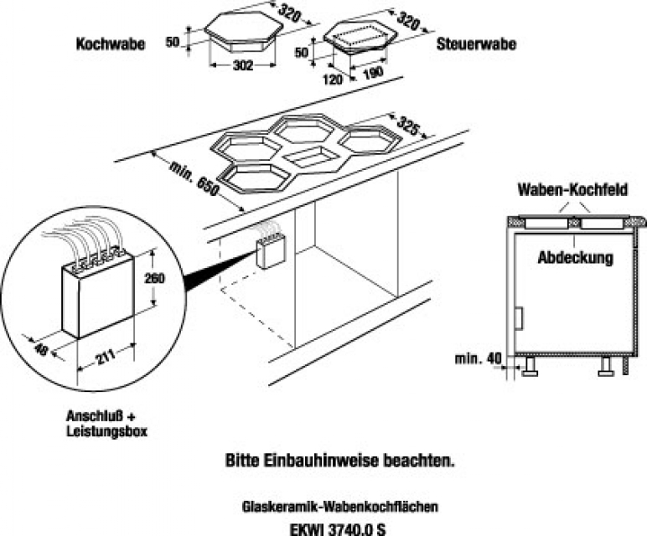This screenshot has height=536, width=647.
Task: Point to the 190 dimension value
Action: [375, 72]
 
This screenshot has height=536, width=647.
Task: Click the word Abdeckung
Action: [575, 258]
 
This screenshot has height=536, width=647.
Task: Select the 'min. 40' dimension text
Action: [479, 359]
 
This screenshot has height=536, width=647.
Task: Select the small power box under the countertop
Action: [271, 251]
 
